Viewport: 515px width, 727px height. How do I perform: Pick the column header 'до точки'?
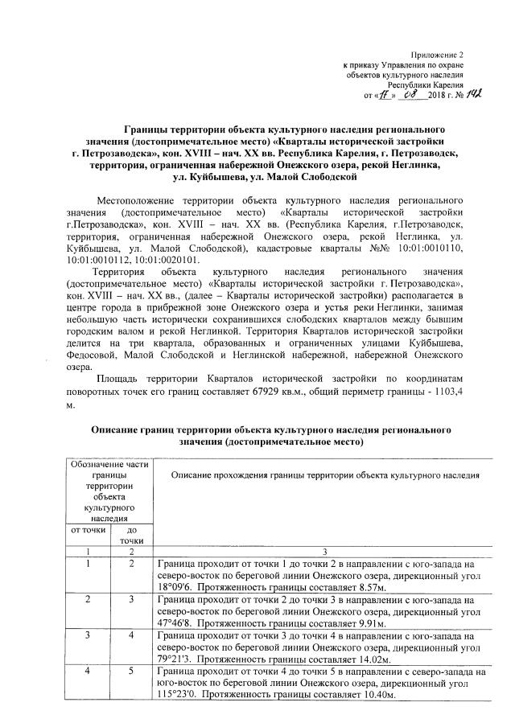(x=132, y=536)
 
